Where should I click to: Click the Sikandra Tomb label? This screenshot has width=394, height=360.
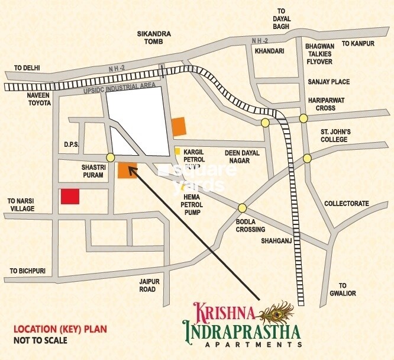154,38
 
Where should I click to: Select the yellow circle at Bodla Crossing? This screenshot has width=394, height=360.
242,208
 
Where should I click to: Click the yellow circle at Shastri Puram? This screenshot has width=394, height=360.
111,157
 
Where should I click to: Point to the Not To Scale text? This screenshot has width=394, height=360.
40,340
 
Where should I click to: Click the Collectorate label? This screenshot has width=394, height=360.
346,204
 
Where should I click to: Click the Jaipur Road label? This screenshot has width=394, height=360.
144,285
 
